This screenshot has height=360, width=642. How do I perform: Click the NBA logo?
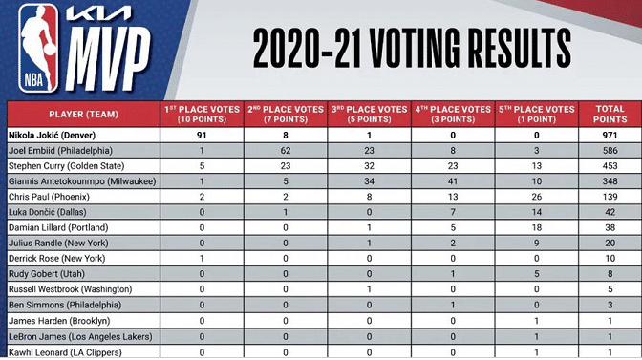point(38,48)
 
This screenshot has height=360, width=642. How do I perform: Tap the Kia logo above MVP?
point(99,14)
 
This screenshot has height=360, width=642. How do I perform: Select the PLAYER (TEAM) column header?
point(83,115)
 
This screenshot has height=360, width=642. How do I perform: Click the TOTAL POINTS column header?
point(610,115)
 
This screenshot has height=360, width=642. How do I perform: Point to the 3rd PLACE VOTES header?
point(369,115)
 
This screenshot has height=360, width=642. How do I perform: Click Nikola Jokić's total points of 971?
point(610,135)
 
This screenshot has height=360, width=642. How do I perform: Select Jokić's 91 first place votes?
point(202,135)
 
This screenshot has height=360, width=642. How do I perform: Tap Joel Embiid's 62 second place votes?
point(286,151)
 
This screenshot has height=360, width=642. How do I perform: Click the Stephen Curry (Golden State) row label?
point(66,166)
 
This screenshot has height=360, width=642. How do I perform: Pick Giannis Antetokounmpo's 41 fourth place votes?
point(453,181)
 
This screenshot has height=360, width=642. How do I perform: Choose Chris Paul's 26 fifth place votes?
point(536,197)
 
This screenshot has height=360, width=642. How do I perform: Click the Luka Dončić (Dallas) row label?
point(48,212)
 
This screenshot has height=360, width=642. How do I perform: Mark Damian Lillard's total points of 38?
point(610,228)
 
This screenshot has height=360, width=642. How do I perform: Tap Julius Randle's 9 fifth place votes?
point(536,243)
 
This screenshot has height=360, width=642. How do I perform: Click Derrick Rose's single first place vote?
point(202,259)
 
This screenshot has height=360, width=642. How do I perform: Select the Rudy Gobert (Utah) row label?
point(47,274)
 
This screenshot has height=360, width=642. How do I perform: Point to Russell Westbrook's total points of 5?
point(610,289)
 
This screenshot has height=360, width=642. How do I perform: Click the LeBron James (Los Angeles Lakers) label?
point(80,337)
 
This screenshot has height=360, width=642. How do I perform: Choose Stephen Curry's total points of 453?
point(610,166)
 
